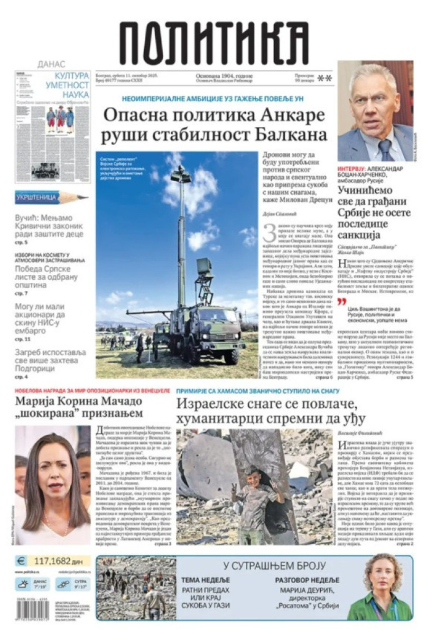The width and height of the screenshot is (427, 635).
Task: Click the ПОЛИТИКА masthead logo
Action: [x=214, y=43]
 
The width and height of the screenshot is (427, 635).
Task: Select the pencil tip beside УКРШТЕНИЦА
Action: [x=85, y=196]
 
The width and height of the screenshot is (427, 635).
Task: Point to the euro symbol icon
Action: [x=21, y=561]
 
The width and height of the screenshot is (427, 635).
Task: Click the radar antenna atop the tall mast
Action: [x=181, y=175]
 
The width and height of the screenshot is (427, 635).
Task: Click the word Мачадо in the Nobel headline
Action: [x=119, y=401]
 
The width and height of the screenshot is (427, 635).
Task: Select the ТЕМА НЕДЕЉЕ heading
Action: [x=205, y=580]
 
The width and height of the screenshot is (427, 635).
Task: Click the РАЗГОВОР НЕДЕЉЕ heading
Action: [x=307, y=580]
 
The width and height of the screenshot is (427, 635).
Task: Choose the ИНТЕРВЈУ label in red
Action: [x=351, y=168]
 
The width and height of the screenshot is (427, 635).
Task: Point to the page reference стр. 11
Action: [x=22, y=339]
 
